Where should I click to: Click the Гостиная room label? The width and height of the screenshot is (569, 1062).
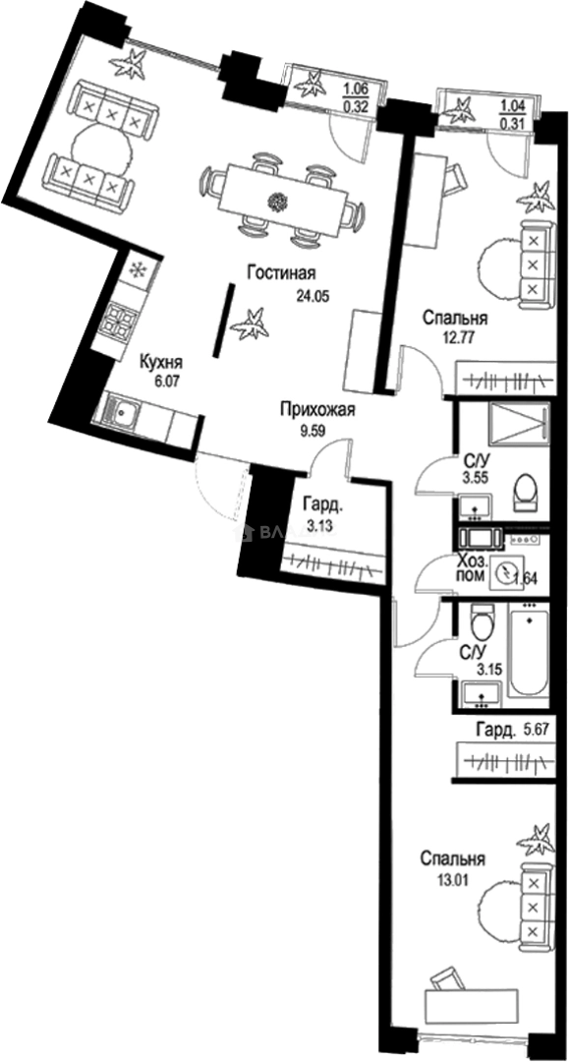(281, 273)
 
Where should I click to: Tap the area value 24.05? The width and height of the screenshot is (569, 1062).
(313, 294)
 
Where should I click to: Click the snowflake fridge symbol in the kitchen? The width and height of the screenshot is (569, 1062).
(139, 268)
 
